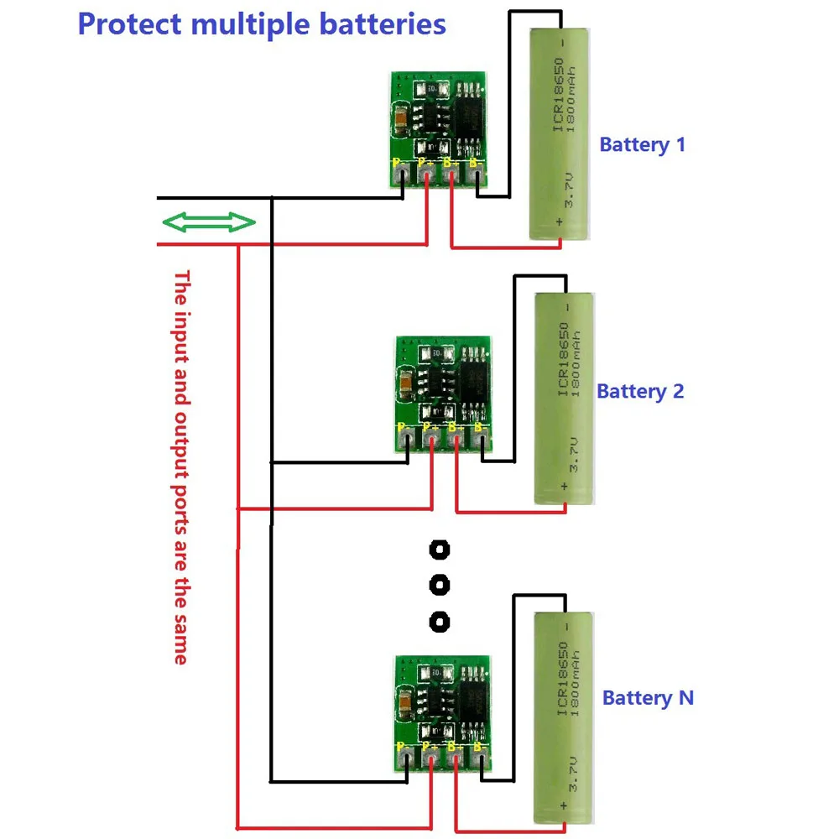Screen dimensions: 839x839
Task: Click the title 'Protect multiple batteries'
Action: point(261,23)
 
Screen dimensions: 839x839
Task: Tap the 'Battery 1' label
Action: point(642,144)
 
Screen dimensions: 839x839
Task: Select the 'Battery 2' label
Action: point(640,391)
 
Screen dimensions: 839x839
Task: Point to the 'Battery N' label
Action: point(648,698)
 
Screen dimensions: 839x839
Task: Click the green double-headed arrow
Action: point(208,223)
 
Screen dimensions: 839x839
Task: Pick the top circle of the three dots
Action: point(439,550)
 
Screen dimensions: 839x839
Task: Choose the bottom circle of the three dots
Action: point(439,622)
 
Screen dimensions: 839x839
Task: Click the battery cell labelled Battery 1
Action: point(561,133)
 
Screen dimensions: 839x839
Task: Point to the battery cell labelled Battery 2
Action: point(565,398)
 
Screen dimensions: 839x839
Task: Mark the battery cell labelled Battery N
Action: point(565,717)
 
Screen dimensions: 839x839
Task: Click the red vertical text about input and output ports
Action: point(180,466)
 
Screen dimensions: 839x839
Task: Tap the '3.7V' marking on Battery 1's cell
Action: point(569,192)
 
